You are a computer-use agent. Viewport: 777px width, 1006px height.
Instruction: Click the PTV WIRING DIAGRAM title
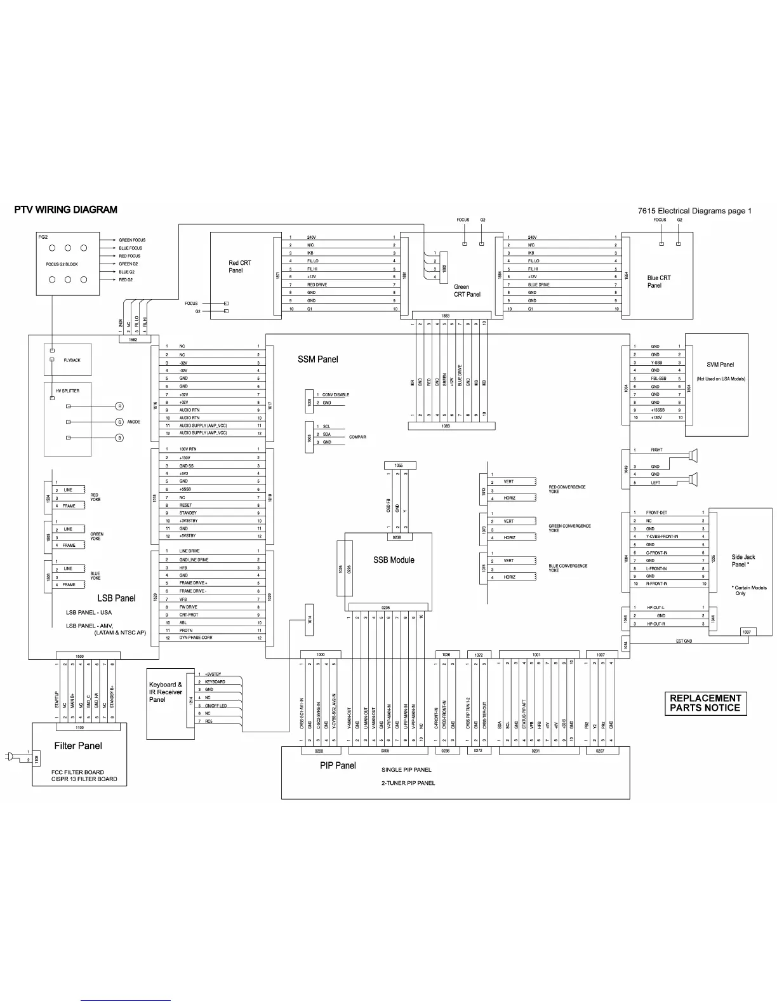pyautogui.click(x=66, y=210)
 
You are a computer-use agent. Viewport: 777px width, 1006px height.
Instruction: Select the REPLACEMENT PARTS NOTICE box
pyautogui.click(x=705, y=703)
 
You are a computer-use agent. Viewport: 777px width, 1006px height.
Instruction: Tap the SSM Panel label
pyautogui.click(x=317, y=359)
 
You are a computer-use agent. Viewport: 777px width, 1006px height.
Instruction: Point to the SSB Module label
pyautogui.click(x=394, y=560)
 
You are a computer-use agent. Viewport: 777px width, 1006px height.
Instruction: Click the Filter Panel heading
pyautogui.click(x=78, y=746)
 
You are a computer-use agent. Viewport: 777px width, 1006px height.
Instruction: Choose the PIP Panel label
pyautogui.click(x=338, y=766)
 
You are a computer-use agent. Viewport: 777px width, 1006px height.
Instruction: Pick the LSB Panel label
pyautogui.click(x=116, y=598)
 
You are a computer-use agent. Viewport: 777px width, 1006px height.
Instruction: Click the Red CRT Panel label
pyautogui.click(x=239, y=267)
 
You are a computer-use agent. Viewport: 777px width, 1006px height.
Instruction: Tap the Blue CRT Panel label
pyautogui.click(x=658, y=281)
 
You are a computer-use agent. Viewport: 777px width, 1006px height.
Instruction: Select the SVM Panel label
pyautogui.click(x=720, y=365)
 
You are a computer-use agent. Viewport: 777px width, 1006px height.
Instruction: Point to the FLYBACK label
pyautogui.click(x=72, y=360)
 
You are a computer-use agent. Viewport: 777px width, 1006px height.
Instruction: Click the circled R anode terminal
pyautogui.click(x=119, y=406)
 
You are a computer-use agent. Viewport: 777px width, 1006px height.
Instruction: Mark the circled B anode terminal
pyautogui.click(x=119, y=438)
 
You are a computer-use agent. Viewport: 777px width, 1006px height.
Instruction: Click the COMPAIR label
pyautogui.click(x=357, y=437)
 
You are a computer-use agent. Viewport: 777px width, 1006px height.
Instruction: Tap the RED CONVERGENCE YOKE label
pyautogui.click(x=567, y=489)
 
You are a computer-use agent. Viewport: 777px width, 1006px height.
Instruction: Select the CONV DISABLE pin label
pyautogui.click(x=335, y=395)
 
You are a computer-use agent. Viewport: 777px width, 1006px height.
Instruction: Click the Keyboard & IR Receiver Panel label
pyautogui.click(x=166, y=692)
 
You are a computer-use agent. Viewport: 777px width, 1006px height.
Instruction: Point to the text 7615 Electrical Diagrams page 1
pyautogui.click(x=694, y=211)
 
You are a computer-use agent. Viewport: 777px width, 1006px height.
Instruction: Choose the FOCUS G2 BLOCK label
pyautogui.click(x=62, y=264)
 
